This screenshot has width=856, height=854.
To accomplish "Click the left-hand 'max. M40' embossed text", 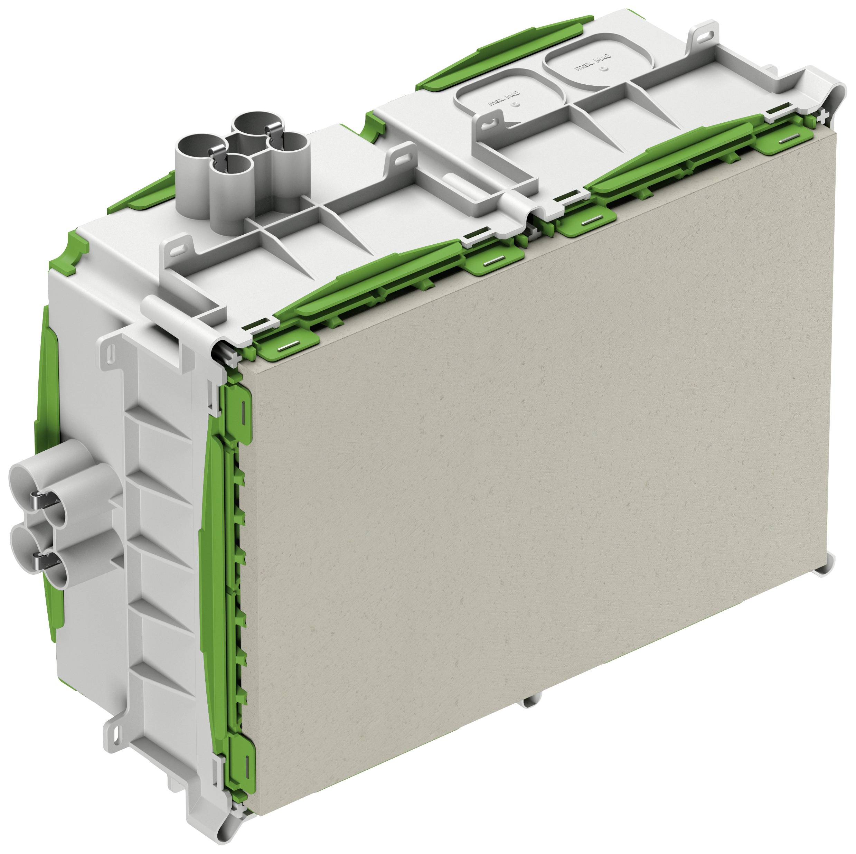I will point(504,99).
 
